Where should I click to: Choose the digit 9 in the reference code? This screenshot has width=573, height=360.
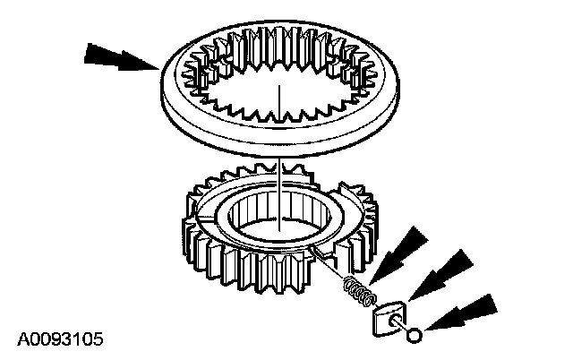pyautogui.click(x=53, y=339)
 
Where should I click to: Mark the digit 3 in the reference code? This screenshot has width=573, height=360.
pyautogui.click(x=64, y=339)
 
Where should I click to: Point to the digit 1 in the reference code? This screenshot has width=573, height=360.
pyautogui.click(x=74, y=339)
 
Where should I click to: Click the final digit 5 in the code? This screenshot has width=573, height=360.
pyautogui.click(x=96, y=339)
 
